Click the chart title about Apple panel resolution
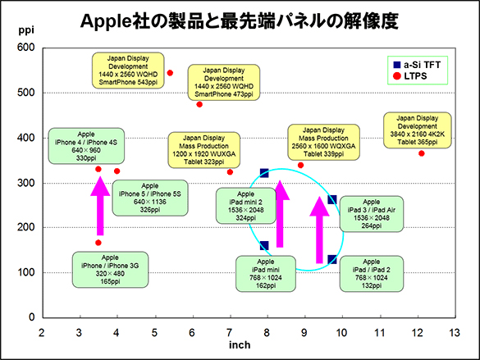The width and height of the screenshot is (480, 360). [x=239, y=21]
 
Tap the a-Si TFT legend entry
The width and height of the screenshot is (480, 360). [x=417, y=65]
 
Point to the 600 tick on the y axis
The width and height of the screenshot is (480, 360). [x=26, y=48]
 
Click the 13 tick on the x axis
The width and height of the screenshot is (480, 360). [x=455, y=332]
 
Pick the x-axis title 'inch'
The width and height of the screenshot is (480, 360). [x=240, y=344]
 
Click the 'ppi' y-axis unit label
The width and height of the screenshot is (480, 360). [x=26, y=30]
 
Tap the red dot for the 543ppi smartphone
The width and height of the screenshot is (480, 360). [x=170, y=73]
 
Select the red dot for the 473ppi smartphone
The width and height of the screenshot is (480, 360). [x=199, y=105]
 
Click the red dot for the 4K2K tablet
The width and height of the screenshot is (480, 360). [x=422, y=153]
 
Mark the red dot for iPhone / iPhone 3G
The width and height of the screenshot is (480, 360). [x=98, y=243]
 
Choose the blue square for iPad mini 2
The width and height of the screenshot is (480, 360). [x=264, y=173]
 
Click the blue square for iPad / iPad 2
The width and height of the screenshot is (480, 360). [x=332, y=260]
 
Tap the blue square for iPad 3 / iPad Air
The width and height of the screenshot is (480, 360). [x=332, y=200]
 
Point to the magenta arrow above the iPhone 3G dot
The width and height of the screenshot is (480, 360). [x=100, y=206]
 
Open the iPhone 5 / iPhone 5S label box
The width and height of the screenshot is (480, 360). [x=150, y=198]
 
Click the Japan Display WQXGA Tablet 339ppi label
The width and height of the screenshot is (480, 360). [x=323, y=142]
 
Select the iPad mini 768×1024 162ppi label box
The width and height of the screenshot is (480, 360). [x=266, y=274]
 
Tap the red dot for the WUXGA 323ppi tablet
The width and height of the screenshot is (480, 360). [x=230, y=172]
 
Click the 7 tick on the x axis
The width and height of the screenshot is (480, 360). [x=229, y=332]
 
